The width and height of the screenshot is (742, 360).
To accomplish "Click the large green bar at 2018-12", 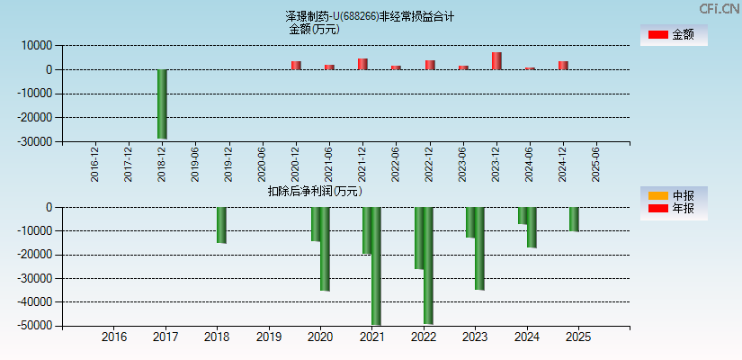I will [x=162, y=103].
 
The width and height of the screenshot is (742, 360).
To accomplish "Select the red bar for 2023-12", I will [x=496, y=61].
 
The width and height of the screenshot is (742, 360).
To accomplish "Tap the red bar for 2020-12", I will [x=296, y=65].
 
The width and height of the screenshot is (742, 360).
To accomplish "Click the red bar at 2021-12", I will [x=362, y=64].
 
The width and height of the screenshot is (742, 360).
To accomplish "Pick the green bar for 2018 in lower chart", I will [x=221, y=225].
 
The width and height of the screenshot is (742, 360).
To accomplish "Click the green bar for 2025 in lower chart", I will [x=574, y=220].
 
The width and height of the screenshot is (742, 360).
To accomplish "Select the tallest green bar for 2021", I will [x=376, y=265].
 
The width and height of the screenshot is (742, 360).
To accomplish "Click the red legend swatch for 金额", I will [x=658, y=34].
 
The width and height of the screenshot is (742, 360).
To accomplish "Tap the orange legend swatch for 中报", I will [x=658, y=195].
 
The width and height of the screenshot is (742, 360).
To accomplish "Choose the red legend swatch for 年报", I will [x=658, y=209].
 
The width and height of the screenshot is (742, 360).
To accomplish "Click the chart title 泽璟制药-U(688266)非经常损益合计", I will [x=370, y=16].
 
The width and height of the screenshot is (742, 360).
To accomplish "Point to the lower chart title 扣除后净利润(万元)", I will [x=315, y=191].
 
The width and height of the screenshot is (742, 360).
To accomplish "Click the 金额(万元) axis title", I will [x=314, y=29].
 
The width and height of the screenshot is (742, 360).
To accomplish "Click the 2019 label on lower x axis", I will [x=268, y=337].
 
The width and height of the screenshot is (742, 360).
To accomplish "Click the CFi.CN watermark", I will [x=719, y=8].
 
